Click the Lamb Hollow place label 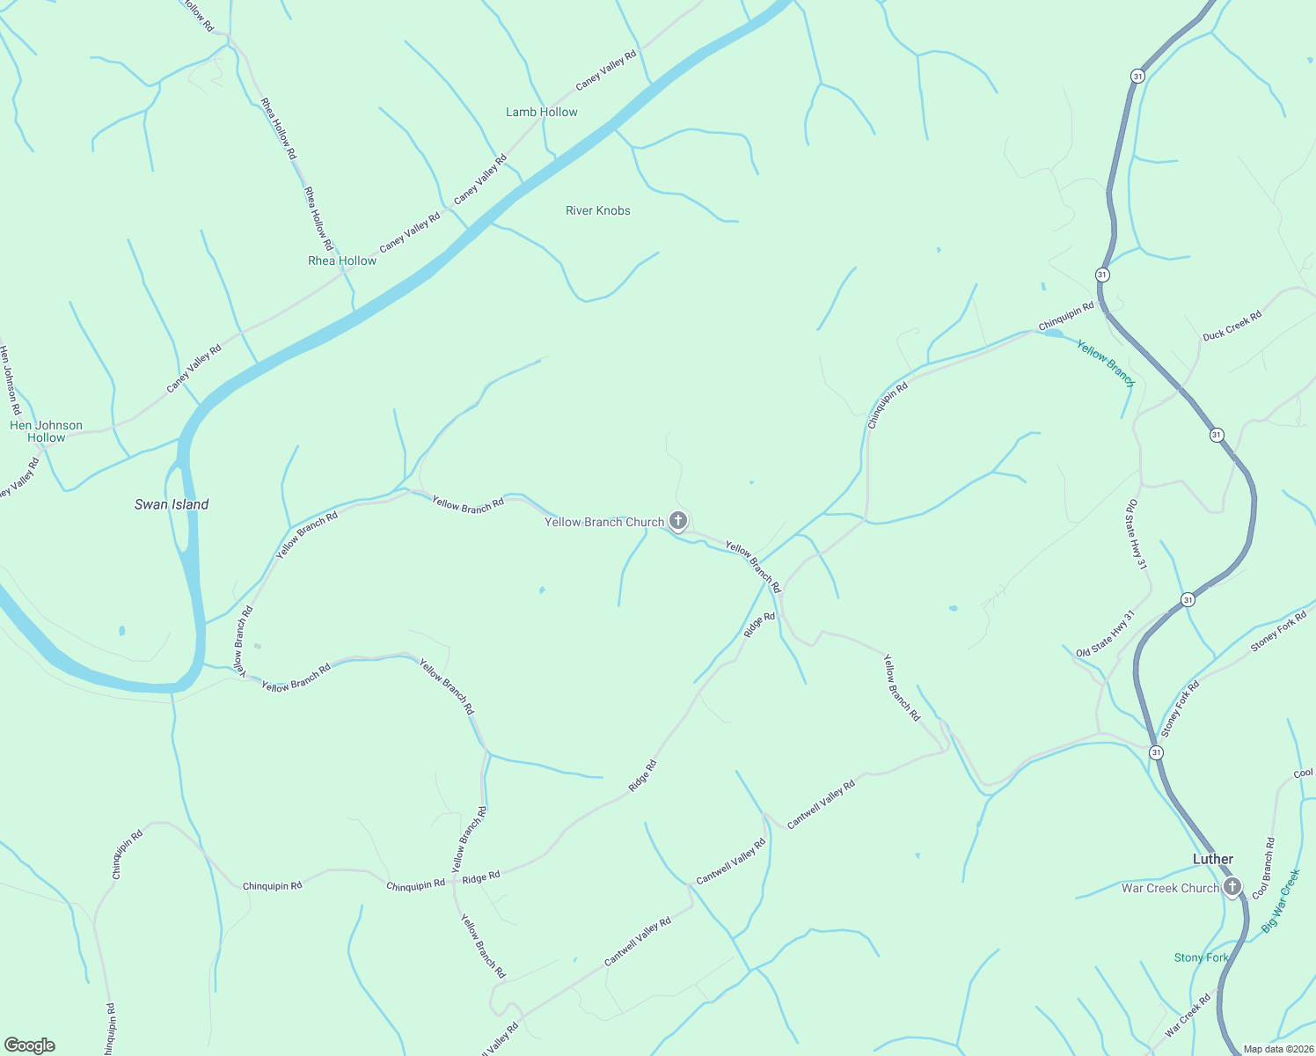[x=542, y=112]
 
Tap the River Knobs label [x=598, y=210]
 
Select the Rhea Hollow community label [x=342, y=260]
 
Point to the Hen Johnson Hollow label [x=46, y=431]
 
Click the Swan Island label [x=172, y=504]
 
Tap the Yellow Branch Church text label [x=604, y=522]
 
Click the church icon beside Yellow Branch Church [x=678, y=521]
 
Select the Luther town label [x=1213, y=859]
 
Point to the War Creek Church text [x=1170, y=888]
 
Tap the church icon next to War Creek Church [x=1232, y=887]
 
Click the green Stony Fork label [x=1202, y=957]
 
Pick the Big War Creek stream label [x=1281, y=901]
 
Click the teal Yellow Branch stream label [x=1106, y=363]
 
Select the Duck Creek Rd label [x=1232, y=325]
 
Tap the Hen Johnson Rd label [x=10, y=380]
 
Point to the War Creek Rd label [x=1188, y=1013]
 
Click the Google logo [x=29, y=1045]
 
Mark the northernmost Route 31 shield [x=1137, y=77]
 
